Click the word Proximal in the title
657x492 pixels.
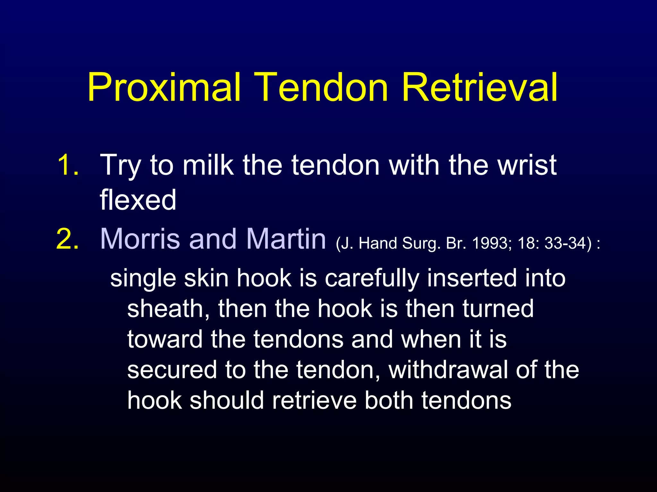[164, 87]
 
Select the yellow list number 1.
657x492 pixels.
[68, 165]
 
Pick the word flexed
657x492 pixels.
[138, 200]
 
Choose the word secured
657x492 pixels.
[172, 370]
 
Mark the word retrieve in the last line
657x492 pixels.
[314, 401]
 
